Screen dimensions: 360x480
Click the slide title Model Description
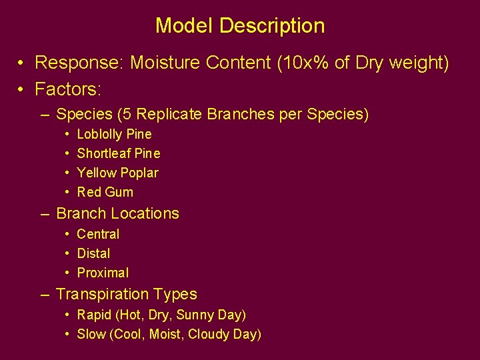pyautogui.click(x=240, y=26)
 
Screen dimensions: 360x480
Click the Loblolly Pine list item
pyautogui.click(x=114, y=134)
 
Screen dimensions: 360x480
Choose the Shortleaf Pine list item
pyautogui.click(x=119, y=153)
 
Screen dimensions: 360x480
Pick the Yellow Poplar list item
pyautogui.click(x=118, y=173)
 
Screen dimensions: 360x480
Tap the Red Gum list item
pyautogui.click(x=105, y=192)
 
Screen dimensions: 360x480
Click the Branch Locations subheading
pyautogui.click(x=117, y=214)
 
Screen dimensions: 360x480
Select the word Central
pyautogui.click(x=98, y=234)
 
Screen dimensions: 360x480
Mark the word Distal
pyautogui.click(x=94, y=253)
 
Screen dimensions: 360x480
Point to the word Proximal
pyautogui.click(x=103, y=273)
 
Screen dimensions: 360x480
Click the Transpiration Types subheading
pyautogui.click(x=127, y=294)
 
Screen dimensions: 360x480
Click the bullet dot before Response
pyautogui.click(x=22, y=64)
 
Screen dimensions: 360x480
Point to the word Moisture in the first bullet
pyautogui.click(x=161, y=63)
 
